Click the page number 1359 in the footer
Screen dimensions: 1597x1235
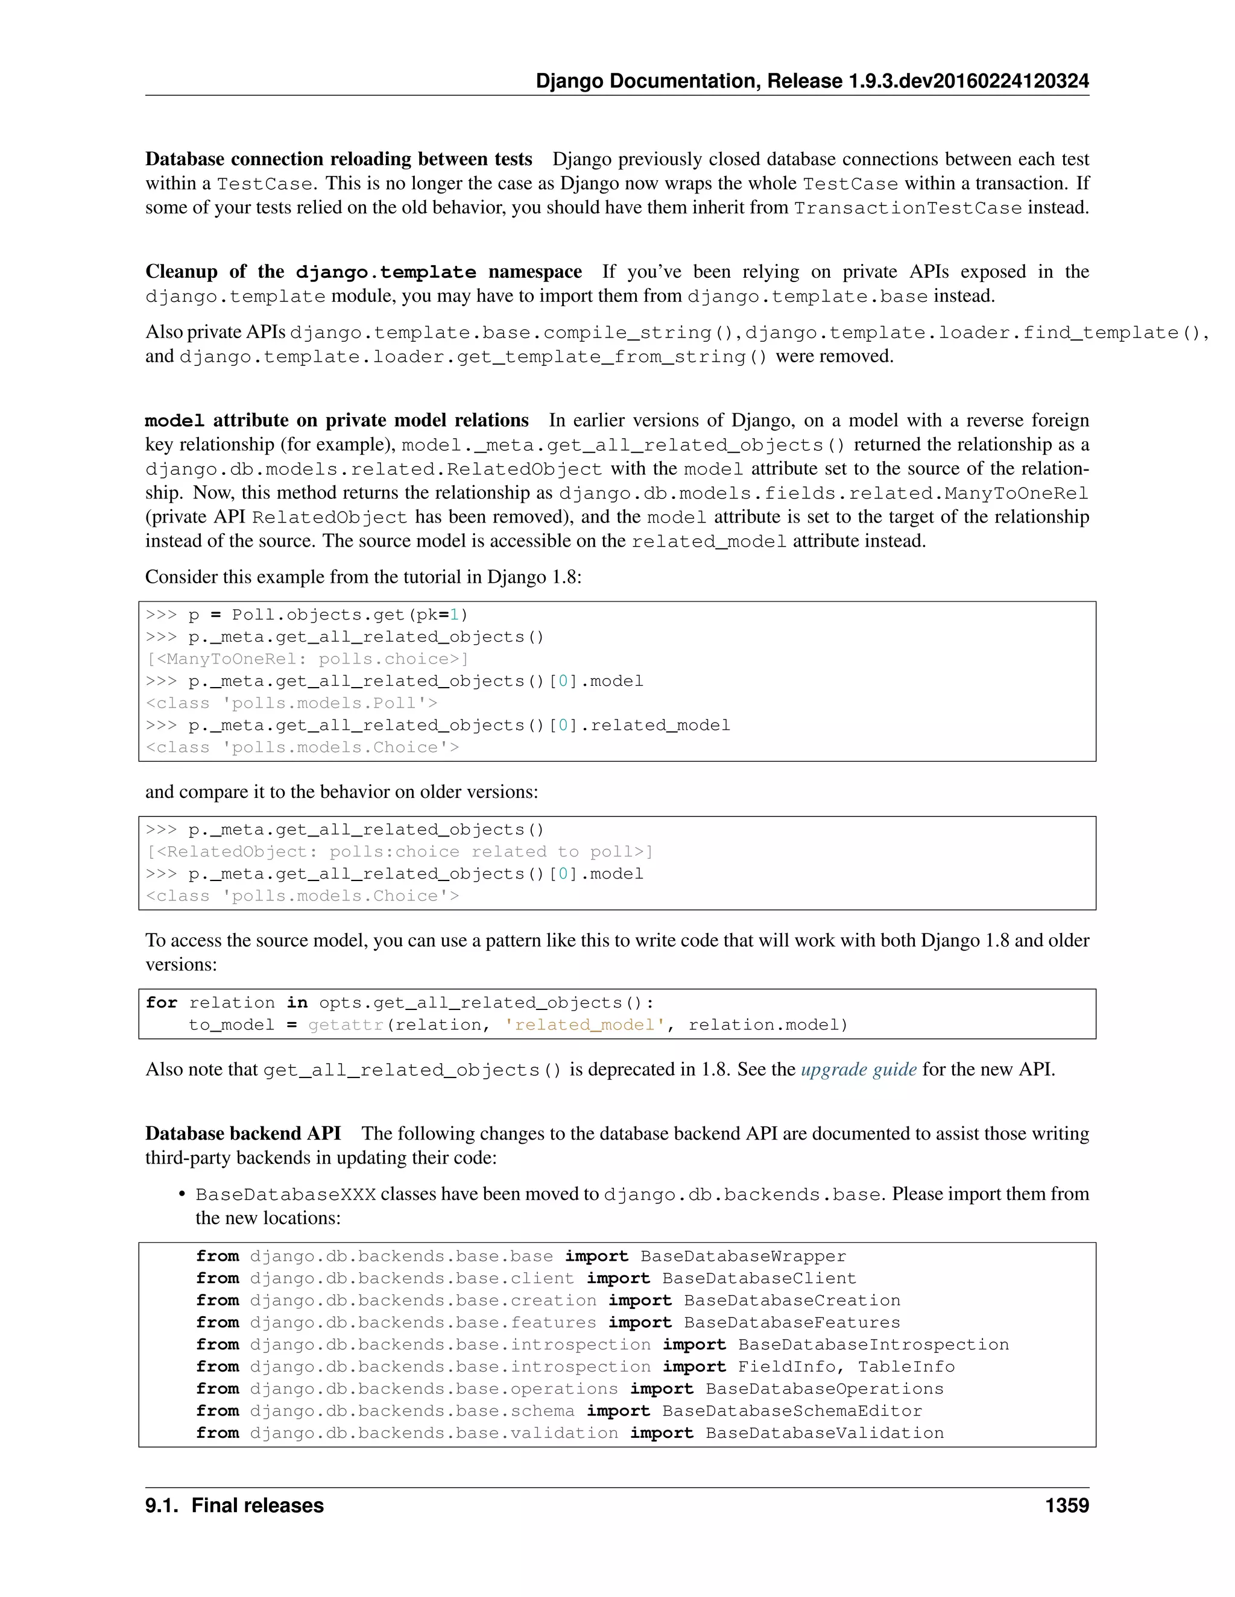pyautogui.click(x=1066, y=1505)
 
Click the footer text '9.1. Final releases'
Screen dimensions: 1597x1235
pyautogui.click(x=234, y=1505)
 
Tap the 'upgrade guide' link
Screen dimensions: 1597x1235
pyautogui.click(x=858, y=1069)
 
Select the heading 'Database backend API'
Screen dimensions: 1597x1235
pyautogui.click(x=243, y=1134)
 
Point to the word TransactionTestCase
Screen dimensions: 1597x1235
pyautogui.click(x=907, y=208)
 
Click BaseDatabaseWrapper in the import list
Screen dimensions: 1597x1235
pyautogui.click(x=742, y=1257)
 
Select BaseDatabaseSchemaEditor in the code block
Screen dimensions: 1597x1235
pyautogui.click(x=792, y=1411)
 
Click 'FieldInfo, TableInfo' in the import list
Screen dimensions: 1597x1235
pyautogui.click(x=846, y=1367)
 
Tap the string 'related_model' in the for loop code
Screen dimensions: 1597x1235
pyautogui.click(x=584, y=1024)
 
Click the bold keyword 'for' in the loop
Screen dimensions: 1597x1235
pyautogui.click(x=161, y=1003)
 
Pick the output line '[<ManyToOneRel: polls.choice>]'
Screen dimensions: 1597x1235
pyautogui.click(x=308, y=659)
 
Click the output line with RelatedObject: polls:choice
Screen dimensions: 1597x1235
pyautogui.click(x=399, y=852)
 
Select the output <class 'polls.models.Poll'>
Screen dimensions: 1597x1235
pyautogui.click(x=291, y=703)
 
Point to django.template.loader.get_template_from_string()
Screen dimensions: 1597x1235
pyautogui.click(x=473, y=357)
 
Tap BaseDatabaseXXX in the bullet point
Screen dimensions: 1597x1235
pyautogui.click(x=285, y=1195)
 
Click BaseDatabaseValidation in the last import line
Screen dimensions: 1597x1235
pyautogui.click(x=824, y=1432)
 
